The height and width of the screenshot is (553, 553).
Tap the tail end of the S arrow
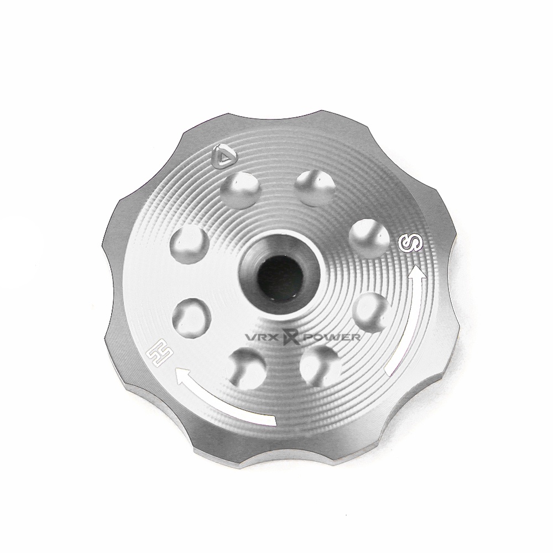coord(388,371)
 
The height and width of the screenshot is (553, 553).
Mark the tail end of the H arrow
coord(272,421)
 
